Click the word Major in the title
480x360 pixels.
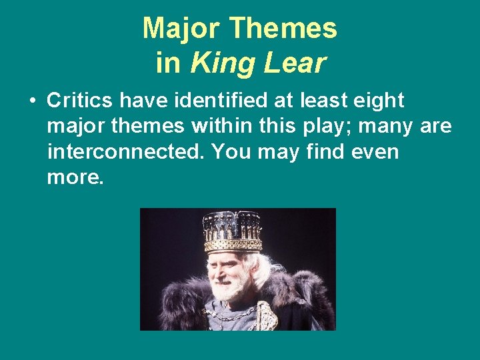[x=181, y=29]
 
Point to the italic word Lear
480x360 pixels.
[x=293, y=63]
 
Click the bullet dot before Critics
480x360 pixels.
[x=32, y=102]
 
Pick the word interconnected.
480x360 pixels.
[x=126, y=151]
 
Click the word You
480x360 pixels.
[x=229, y=151]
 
